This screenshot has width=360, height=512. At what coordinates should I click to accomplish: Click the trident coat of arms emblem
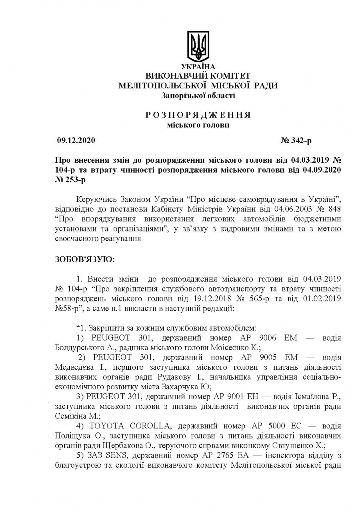[x=198, y=46]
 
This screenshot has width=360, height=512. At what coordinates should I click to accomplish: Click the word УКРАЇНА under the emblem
[x=198, y=67]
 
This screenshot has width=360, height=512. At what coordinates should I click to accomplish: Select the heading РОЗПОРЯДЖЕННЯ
[x=198, y=115]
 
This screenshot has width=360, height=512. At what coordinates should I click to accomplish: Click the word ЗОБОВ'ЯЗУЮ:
[x=84, y=259]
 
